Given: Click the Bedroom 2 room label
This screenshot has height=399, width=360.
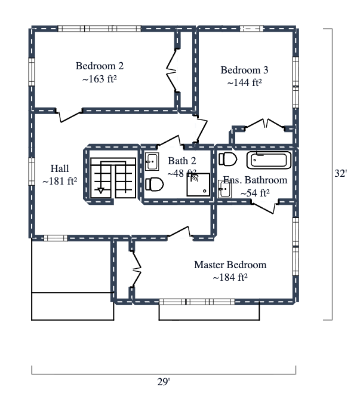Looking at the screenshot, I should (x=100, y=66).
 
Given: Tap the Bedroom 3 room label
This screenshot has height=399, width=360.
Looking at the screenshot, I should (x=245, y=70).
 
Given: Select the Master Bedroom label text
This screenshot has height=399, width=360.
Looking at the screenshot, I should (x=230, y=265).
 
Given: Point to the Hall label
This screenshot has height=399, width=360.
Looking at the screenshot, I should (x=60, y=168).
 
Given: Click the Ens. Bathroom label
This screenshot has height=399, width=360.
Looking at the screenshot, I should (x=255, y=180).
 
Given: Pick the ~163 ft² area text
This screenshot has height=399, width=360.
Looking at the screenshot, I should (x=99, y=79).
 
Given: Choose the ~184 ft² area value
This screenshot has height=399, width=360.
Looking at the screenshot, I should (x=230, y=277).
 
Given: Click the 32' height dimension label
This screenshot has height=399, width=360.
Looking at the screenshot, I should (x=340, y=174).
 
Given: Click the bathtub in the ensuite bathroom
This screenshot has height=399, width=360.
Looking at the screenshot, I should (x=269, y=160).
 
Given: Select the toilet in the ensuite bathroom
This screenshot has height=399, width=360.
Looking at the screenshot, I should (x=228, y=159).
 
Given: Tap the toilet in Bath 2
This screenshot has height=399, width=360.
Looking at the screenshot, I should (x=154, y=184).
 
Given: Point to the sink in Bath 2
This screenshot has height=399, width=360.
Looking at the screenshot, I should (x=152, y=161).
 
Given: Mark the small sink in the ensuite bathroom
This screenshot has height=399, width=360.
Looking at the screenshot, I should (x=224, y=191).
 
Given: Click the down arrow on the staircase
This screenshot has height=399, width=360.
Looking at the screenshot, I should (x=101, y=190).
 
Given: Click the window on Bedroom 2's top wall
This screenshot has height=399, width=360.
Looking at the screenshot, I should (x=99, y=28).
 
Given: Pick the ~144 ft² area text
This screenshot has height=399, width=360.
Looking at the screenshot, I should (x=245, y=83).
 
